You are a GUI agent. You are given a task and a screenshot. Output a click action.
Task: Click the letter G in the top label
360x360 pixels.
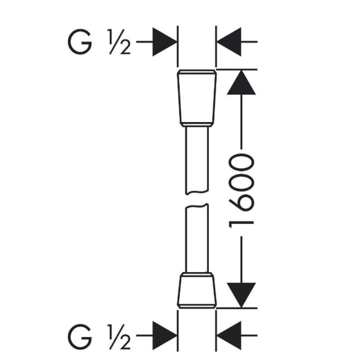point(80,42)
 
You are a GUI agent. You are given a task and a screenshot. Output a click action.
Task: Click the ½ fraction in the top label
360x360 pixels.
point(120,42)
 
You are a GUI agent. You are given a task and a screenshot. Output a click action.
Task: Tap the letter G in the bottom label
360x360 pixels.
point(80,336)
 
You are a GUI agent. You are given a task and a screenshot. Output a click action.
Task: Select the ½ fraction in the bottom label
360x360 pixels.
point(120,337)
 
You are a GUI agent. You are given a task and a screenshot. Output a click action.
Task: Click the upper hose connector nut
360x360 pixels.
point(197,98)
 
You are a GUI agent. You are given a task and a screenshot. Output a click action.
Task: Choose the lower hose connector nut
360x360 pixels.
point(197,290)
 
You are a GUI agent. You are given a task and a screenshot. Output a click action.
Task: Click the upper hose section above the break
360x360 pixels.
point(197,161)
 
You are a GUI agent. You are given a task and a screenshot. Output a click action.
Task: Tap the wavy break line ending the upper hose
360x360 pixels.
point(197,192)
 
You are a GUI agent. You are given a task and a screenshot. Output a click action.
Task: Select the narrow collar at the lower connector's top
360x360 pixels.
point(197,275)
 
